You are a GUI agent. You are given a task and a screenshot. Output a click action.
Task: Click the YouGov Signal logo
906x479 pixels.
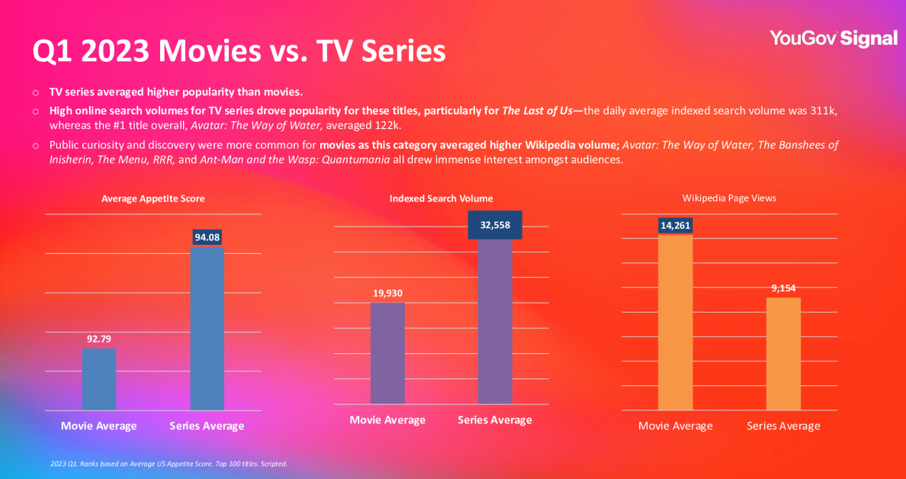click(x=833, y=38)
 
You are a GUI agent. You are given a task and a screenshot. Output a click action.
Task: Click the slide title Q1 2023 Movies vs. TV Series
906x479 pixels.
click(x=239, y=51)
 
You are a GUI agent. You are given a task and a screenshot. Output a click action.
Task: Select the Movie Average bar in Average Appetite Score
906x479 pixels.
click(x=99, y=380)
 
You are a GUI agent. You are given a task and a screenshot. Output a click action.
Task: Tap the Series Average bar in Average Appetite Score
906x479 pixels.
click(x=207, y=328)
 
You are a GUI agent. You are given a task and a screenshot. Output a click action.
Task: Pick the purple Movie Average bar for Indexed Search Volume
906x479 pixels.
click(x=387, y=353)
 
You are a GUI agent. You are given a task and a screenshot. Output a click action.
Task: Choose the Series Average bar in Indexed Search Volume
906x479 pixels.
click(x=495, y=320)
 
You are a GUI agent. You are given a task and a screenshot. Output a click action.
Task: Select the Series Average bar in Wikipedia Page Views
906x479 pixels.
click(x=783, y=354)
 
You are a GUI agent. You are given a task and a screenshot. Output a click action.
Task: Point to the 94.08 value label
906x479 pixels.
click(x=207, y=237)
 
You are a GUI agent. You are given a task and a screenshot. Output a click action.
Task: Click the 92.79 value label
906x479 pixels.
click(x=99, y=339)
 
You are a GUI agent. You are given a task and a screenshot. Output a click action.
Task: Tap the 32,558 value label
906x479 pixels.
click(x=495, y=225)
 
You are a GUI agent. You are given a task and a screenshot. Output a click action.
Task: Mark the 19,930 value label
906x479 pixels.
click(x=387, y=293)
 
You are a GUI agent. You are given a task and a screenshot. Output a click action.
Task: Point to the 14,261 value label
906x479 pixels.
click(x=675, y=225)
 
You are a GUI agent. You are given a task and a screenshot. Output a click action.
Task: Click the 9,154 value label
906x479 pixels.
click(x=783, y=288)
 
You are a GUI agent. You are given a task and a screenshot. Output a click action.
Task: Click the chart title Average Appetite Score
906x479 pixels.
click(x=153, y=199)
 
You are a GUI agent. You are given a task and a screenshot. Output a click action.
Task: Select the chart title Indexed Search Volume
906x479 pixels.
click(x=441, y=199)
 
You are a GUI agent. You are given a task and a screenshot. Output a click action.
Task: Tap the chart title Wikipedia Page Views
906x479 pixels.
click(x=729, y=198)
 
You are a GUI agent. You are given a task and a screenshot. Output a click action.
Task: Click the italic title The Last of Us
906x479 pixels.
click(x=537, y=111)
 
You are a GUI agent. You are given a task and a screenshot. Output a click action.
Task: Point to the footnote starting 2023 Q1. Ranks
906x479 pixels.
click(x=168, y=463)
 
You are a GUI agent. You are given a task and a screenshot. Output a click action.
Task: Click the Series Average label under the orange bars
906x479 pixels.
click(x=783, y=426)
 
